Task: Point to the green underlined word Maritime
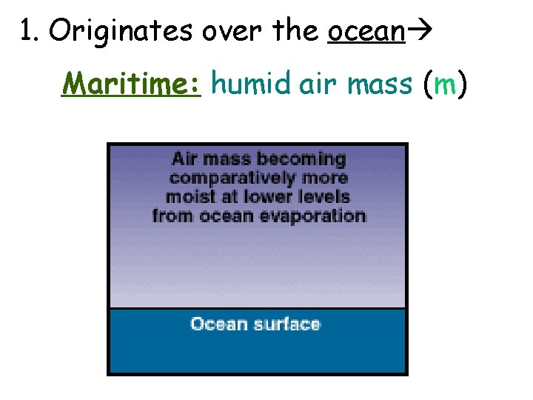132,84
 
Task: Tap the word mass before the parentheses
378,84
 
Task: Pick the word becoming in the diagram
301,159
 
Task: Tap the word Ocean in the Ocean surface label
217,324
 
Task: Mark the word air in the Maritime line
316,84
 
